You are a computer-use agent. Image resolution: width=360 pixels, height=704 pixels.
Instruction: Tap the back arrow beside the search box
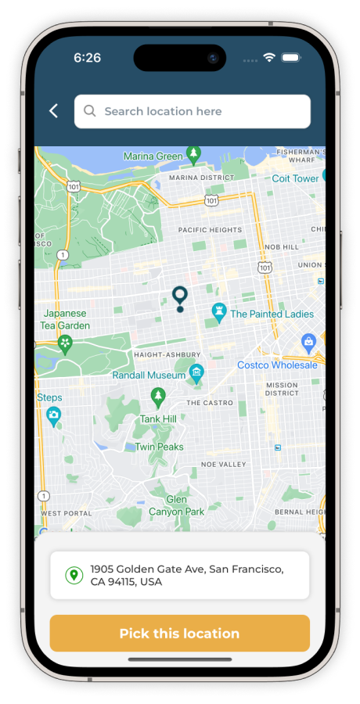click(x=53, y=111)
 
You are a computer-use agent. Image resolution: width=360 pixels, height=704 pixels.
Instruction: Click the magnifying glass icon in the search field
click(x=90, y=111)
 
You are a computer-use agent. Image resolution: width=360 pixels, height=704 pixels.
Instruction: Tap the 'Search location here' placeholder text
click(x=163, y=111)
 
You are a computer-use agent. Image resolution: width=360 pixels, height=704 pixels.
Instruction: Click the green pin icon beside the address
click(x=74, y=576)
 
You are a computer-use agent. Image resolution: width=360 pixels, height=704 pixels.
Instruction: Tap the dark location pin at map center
click(x=180, y=298)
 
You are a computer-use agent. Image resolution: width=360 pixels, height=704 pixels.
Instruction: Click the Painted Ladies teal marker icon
click(x=220, y=312)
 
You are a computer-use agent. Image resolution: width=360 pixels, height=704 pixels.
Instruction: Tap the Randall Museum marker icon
click(x=196, y=372)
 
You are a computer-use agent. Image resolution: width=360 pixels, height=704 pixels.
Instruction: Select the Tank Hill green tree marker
click(x=158, y=397)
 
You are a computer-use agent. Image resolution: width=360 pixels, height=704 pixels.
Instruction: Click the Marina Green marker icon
click(x=193, y=154)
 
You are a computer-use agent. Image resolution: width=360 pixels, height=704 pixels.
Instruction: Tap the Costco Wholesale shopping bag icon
click(x=309, y=342)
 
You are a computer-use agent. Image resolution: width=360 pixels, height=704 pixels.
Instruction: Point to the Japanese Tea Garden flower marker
click(x=66, y=343)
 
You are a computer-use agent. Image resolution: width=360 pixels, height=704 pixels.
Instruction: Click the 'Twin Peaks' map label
click(x=159, y=447)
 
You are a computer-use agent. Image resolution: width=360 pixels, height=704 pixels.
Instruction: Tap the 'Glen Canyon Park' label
click(x=176, y=505)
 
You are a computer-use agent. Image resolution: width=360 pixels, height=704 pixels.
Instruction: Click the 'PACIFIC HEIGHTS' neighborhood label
click(x=209, y=230)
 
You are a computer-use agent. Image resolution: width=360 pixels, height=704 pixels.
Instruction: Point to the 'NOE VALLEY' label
click(x=223, y=464)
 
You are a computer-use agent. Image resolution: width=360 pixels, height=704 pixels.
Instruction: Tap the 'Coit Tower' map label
click(x=295, y=178)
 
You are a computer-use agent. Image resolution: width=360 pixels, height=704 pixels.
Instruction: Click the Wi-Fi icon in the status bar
click(x=269, y=58)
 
